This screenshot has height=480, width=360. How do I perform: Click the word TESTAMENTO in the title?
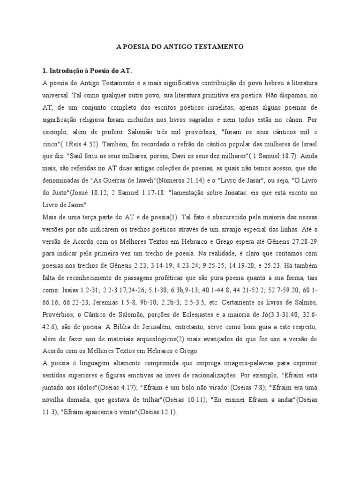click(218, 47)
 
